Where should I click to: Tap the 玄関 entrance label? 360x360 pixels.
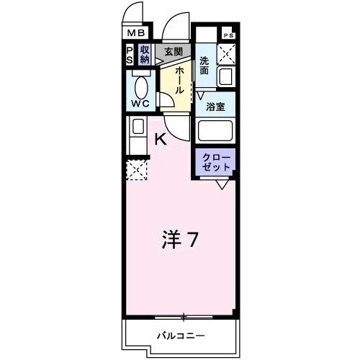(172, 51)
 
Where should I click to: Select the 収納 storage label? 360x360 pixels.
(145, 55)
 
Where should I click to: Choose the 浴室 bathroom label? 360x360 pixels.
(215, 107)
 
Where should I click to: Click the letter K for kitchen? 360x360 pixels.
(161, 140)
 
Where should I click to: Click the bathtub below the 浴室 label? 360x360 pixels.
(217, 131)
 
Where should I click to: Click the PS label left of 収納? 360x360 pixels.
(130, 55)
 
